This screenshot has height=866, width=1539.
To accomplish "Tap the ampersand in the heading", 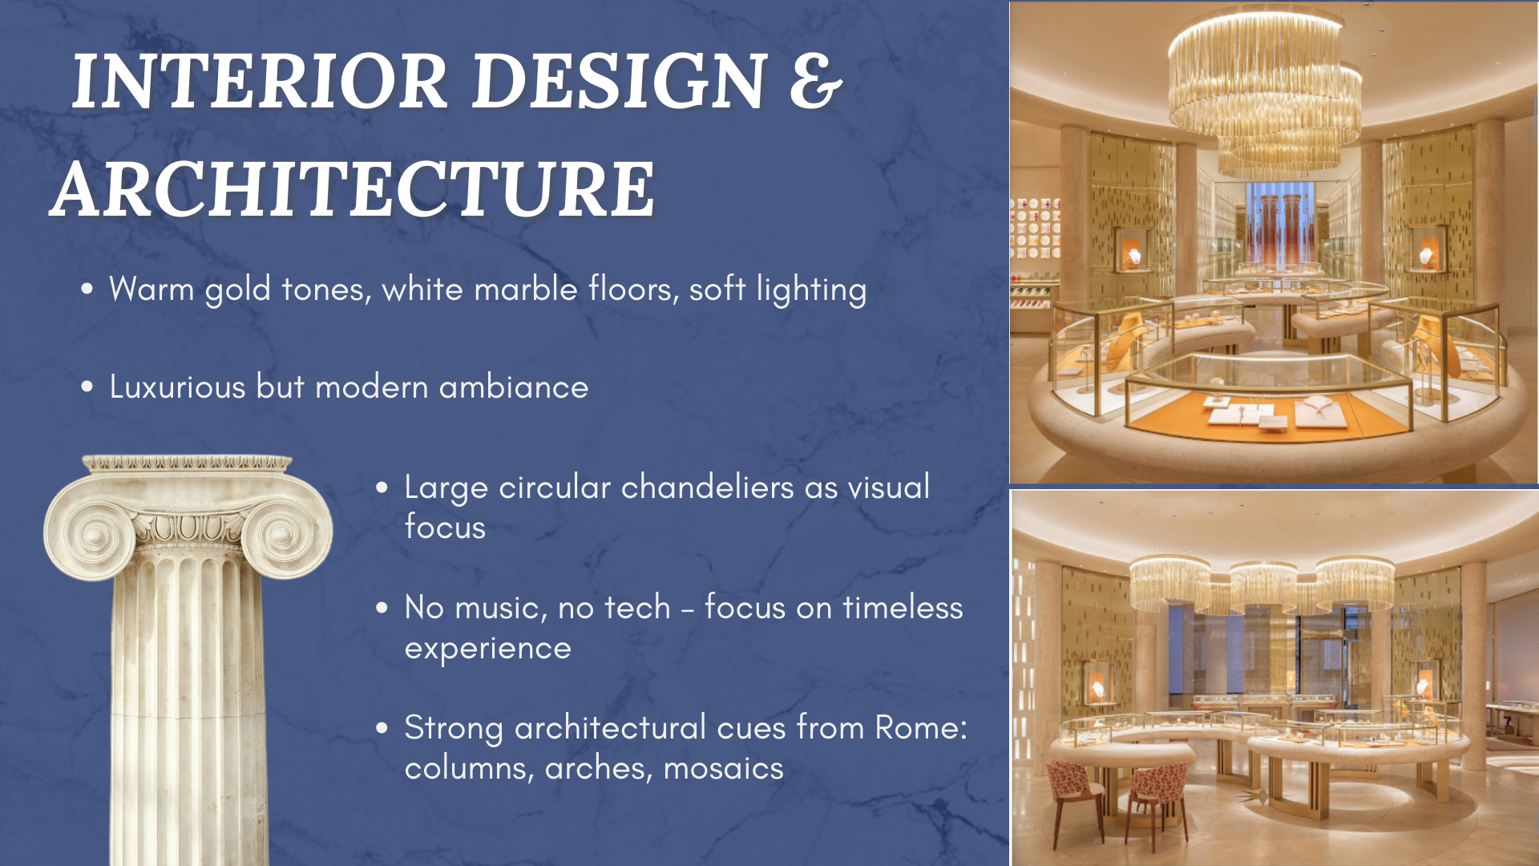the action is click(816, 81).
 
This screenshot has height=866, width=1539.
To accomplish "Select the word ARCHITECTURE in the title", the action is click(353, 189).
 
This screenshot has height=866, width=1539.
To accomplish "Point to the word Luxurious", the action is click(177, 386).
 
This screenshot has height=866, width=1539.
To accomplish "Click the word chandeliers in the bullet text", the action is click(708, 487).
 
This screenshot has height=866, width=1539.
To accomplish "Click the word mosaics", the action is click(724, 768).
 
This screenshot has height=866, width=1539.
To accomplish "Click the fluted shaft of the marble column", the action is click(188, 706).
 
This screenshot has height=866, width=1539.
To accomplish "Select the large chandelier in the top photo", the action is click(1264, 88).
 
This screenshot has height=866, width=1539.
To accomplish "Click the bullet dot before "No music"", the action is click(382, 608).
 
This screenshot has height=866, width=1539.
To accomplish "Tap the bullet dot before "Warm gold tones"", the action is click(87, 289).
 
